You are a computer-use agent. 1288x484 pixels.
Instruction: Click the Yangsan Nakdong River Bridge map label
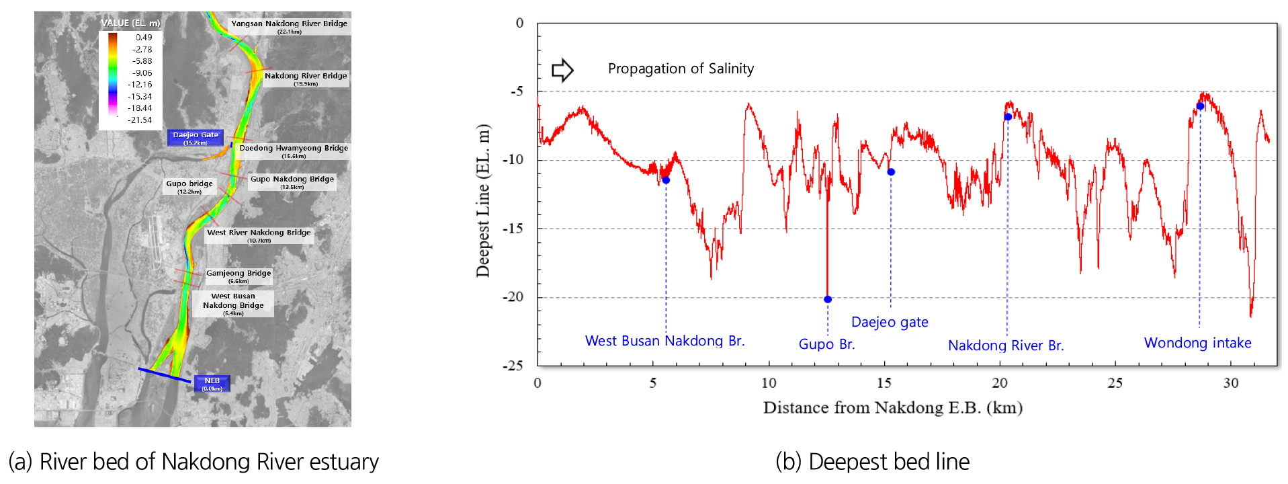coord(289,26)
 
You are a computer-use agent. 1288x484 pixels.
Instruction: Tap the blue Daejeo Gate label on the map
coord(196,138)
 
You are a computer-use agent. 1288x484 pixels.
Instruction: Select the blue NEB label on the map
coord(212,383)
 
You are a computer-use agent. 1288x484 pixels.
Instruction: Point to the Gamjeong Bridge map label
coord(239,276)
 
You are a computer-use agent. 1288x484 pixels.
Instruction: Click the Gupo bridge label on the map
coord(189,186)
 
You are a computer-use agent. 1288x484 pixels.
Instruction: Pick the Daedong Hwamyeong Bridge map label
coord(294,151)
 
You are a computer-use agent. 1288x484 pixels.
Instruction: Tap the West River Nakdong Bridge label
coord(259,235)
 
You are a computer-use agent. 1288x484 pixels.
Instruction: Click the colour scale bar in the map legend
coord(113,74)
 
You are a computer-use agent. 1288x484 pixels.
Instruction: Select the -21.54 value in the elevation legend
coord(140,120)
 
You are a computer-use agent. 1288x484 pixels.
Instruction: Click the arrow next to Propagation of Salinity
coord(562,70)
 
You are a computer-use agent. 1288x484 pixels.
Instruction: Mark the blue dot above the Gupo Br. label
coord(828,299)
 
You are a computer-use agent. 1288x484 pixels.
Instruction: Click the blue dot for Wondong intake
coord(1200,106)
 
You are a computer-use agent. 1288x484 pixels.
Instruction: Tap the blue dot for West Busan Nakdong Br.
coord(666,180)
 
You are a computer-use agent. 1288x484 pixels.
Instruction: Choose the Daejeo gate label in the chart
coord(890,322)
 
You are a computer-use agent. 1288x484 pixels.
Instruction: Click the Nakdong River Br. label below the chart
coord(1006,346)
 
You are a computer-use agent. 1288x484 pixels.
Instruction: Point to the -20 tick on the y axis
coord(514,297)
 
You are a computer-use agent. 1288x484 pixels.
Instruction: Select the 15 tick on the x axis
coord(884,383)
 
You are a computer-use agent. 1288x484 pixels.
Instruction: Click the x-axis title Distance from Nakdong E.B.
coord(892,407)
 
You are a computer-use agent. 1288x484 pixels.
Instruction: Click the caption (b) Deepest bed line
coord(872,462)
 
